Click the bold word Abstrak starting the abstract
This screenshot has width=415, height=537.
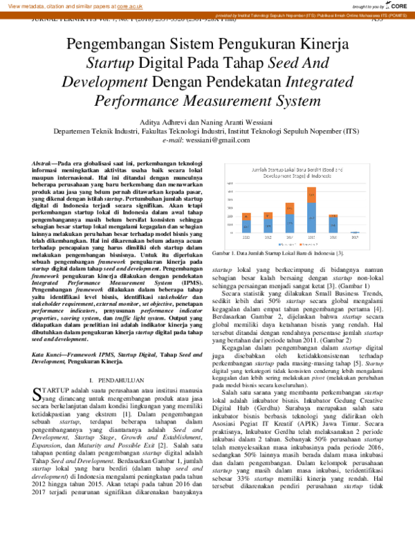coord(44,161)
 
